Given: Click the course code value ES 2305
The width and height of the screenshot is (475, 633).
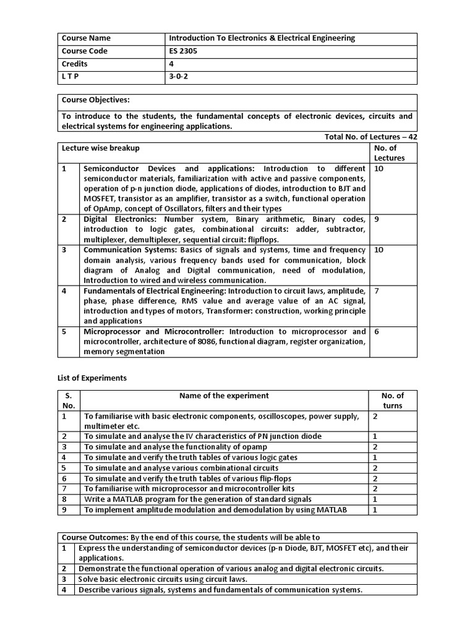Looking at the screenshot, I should tap(182, 51).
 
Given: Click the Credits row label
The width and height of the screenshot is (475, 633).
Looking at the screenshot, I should tap(75, 64).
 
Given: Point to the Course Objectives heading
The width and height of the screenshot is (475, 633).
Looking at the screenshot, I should tap(95, 100).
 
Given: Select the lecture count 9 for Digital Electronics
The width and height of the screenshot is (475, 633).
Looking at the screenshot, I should tap(377, 219).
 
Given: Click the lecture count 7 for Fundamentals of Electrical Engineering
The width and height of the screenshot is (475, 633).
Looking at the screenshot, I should tap(377, 291).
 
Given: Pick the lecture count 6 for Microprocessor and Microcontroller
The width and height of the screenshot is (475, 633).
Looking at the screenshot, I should tap(377, 331).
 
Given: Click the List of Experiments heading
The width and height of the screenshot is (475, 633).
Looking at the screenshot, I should tap(92, 378).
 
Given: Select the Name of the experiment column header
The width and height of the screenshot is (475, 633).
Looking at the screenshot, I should tap(224, 396).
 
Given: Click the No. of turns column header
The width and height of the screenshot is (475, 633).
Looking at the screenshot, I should tap(393, 401).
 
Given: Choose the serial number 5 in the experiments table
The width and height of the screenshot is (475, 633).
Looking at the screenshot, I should tap(64, 468).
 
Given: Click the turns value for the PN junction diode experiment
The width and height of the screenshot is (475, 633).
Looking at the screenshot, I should tap(375, 436).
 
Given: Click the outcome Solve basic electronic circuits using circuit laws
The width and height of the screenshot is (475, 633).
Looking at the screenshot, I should tap(163, 579).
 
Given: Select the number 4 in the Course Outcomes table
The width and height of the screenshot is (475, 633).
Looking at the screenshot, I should tap(64, 590).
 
